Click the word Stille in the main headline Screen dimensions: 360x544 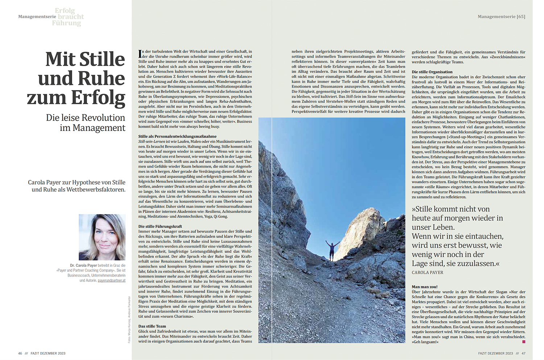102,59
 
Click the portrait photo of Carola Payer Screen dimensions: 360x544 102,237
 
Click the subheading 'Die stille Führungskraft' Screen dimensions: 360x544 160,226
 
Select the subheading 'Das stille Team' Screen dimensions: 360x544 152,326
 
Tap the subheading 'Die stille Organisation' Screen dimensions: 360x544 432,72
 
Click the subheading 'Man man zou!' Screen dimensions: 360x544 424,287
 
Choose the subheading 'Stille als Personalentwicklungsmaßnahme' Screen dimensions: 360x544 177,136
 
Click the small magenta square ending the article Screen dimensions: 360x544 523,341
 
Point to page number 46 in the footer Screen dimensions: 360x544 20,353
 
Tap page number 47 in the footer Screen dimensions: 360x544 523,353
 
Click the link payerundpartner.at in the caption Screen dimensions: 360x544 111,281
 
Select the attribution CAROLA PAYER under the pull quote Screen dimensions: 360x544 427,273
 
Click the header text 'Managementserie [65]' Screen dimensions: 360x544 501,17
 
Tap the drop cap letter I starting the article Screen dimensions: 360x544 140,54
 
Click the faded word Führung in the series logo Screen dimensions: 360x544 66,23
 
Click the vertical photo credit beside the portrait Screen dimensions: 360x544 129,319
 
